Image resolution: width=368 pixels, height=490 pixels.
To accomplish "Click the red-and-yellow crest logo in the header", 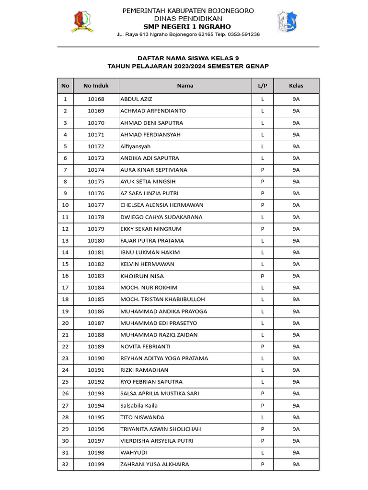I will pos(82,22).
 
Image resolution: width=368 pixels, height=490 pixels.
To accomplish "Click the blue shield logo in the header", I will pos(287,22).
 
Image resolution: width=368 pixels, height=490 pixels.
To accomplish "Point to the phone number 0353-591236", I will pos(243,34).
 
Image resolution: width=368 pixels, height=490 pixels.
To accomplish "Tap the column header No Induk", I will pos(96,86).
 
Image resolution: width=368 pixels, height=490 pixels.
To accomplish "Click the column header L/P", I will pos(263,86).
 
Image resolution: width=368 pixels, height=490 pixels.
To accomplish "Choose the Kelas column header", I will pos(296,86).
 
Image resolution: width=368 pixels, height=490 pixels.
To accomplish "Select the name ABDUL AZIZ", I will pos(136,99).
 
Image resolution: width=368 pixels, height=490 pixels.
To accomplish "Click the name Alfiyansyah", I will pos(136,146).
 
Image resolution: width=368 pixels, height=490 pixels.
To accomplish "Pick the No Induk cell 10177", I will pos(96,205).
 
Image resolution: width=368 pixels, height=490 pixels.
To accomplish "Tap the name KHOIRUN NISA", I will pos(142,276).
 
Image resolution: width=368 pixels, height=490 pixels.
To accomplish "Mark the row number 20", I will pos(65,323).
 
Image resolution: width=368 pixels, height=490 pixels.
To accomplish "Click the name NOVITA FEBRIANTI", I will pos(145,346).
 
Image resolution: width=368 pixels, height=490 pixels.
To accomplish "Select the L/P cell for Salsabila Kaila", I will pos(263,405).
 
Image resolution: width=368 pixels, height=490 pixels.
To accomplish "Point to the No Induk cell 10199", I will pos(96,464).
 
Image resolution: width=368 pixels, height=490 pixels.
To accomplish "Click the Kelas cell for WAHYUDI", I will pos(296,453).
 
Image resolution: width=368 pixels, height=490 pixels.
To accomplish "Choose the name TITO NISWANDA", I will pos(142,417).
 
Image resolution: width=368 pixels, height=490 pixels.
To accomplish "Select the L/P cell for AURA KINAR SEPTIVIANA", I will pos(263,170).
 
